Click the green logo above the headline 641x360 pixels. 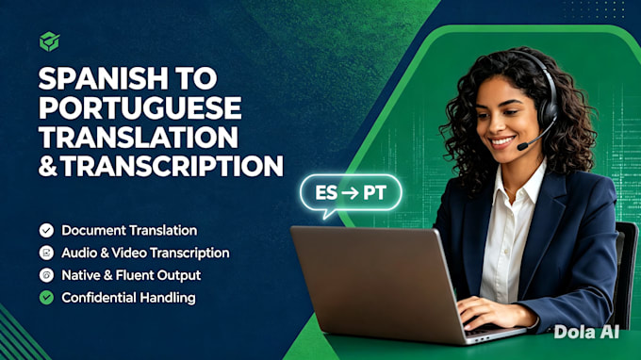[x=49, y=41]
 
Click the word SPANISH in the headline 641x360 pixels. [x=103, y=78]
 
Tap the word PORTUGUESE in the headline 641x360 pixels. [x=140, y=107]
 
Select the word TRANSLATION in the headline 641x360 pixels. [x=139, y=137]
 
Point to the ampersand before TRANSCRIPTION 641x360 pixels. [x=47, y=166]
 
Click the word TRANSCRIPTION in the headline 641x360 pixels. [x=173, y=166]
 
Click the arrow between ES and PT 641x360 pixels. [x=351, y=193]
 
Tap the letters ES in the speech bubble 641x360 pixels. [x=326, y=193]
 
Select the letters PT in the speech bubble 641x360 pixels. [x=374, y=193]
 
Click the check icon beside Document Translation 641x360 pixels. [x=46, y=231]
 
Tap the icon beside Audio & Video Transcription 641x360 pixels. [x=46, y=253]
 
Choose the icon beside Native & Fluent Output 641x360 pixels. [x=46, y=275]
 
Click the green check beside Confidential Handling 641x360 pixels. [x=46, y=298]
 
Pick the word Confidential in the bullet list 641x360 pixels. [x=93, y=298]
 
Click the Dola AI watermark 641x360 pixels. [x=586, y=333]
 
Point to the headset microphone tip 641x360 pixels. [x=522, y=146]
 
